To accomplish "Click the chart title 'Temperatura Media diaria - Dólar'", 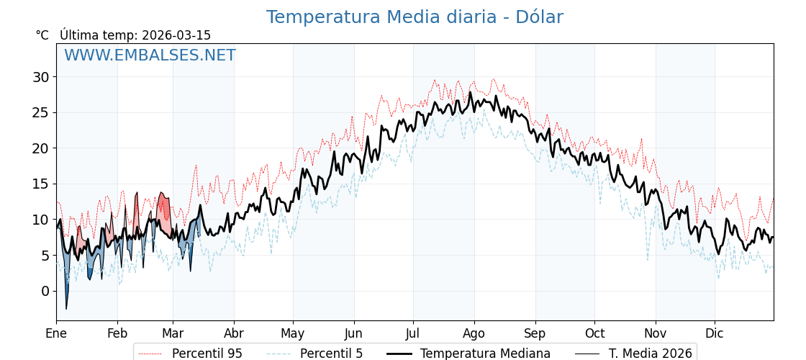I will (x=415, y=17).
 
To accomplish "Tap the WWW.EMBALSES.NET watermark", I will (x=150, y=55).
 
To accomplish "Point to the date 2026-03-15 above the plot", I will (x=176, y=35).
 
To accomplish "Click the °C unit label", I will (x=42, y=35).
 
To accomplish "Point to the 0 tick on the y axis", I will (x=45, y=291).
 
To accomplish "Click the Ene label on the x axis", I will (x=56, y=333).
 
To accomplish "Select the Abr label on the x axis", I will (x=234, y=333).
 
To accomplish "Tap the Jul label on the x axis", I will (x=413, y=333).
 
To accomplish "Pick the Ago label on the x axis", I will (x=474, y=333).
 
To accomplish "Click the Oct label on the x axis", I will (x=594, y=333).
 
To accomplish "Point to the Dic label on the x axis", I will (x=715, y=333).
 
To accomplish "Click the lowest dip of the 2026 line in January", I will (x=66, y=309).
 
